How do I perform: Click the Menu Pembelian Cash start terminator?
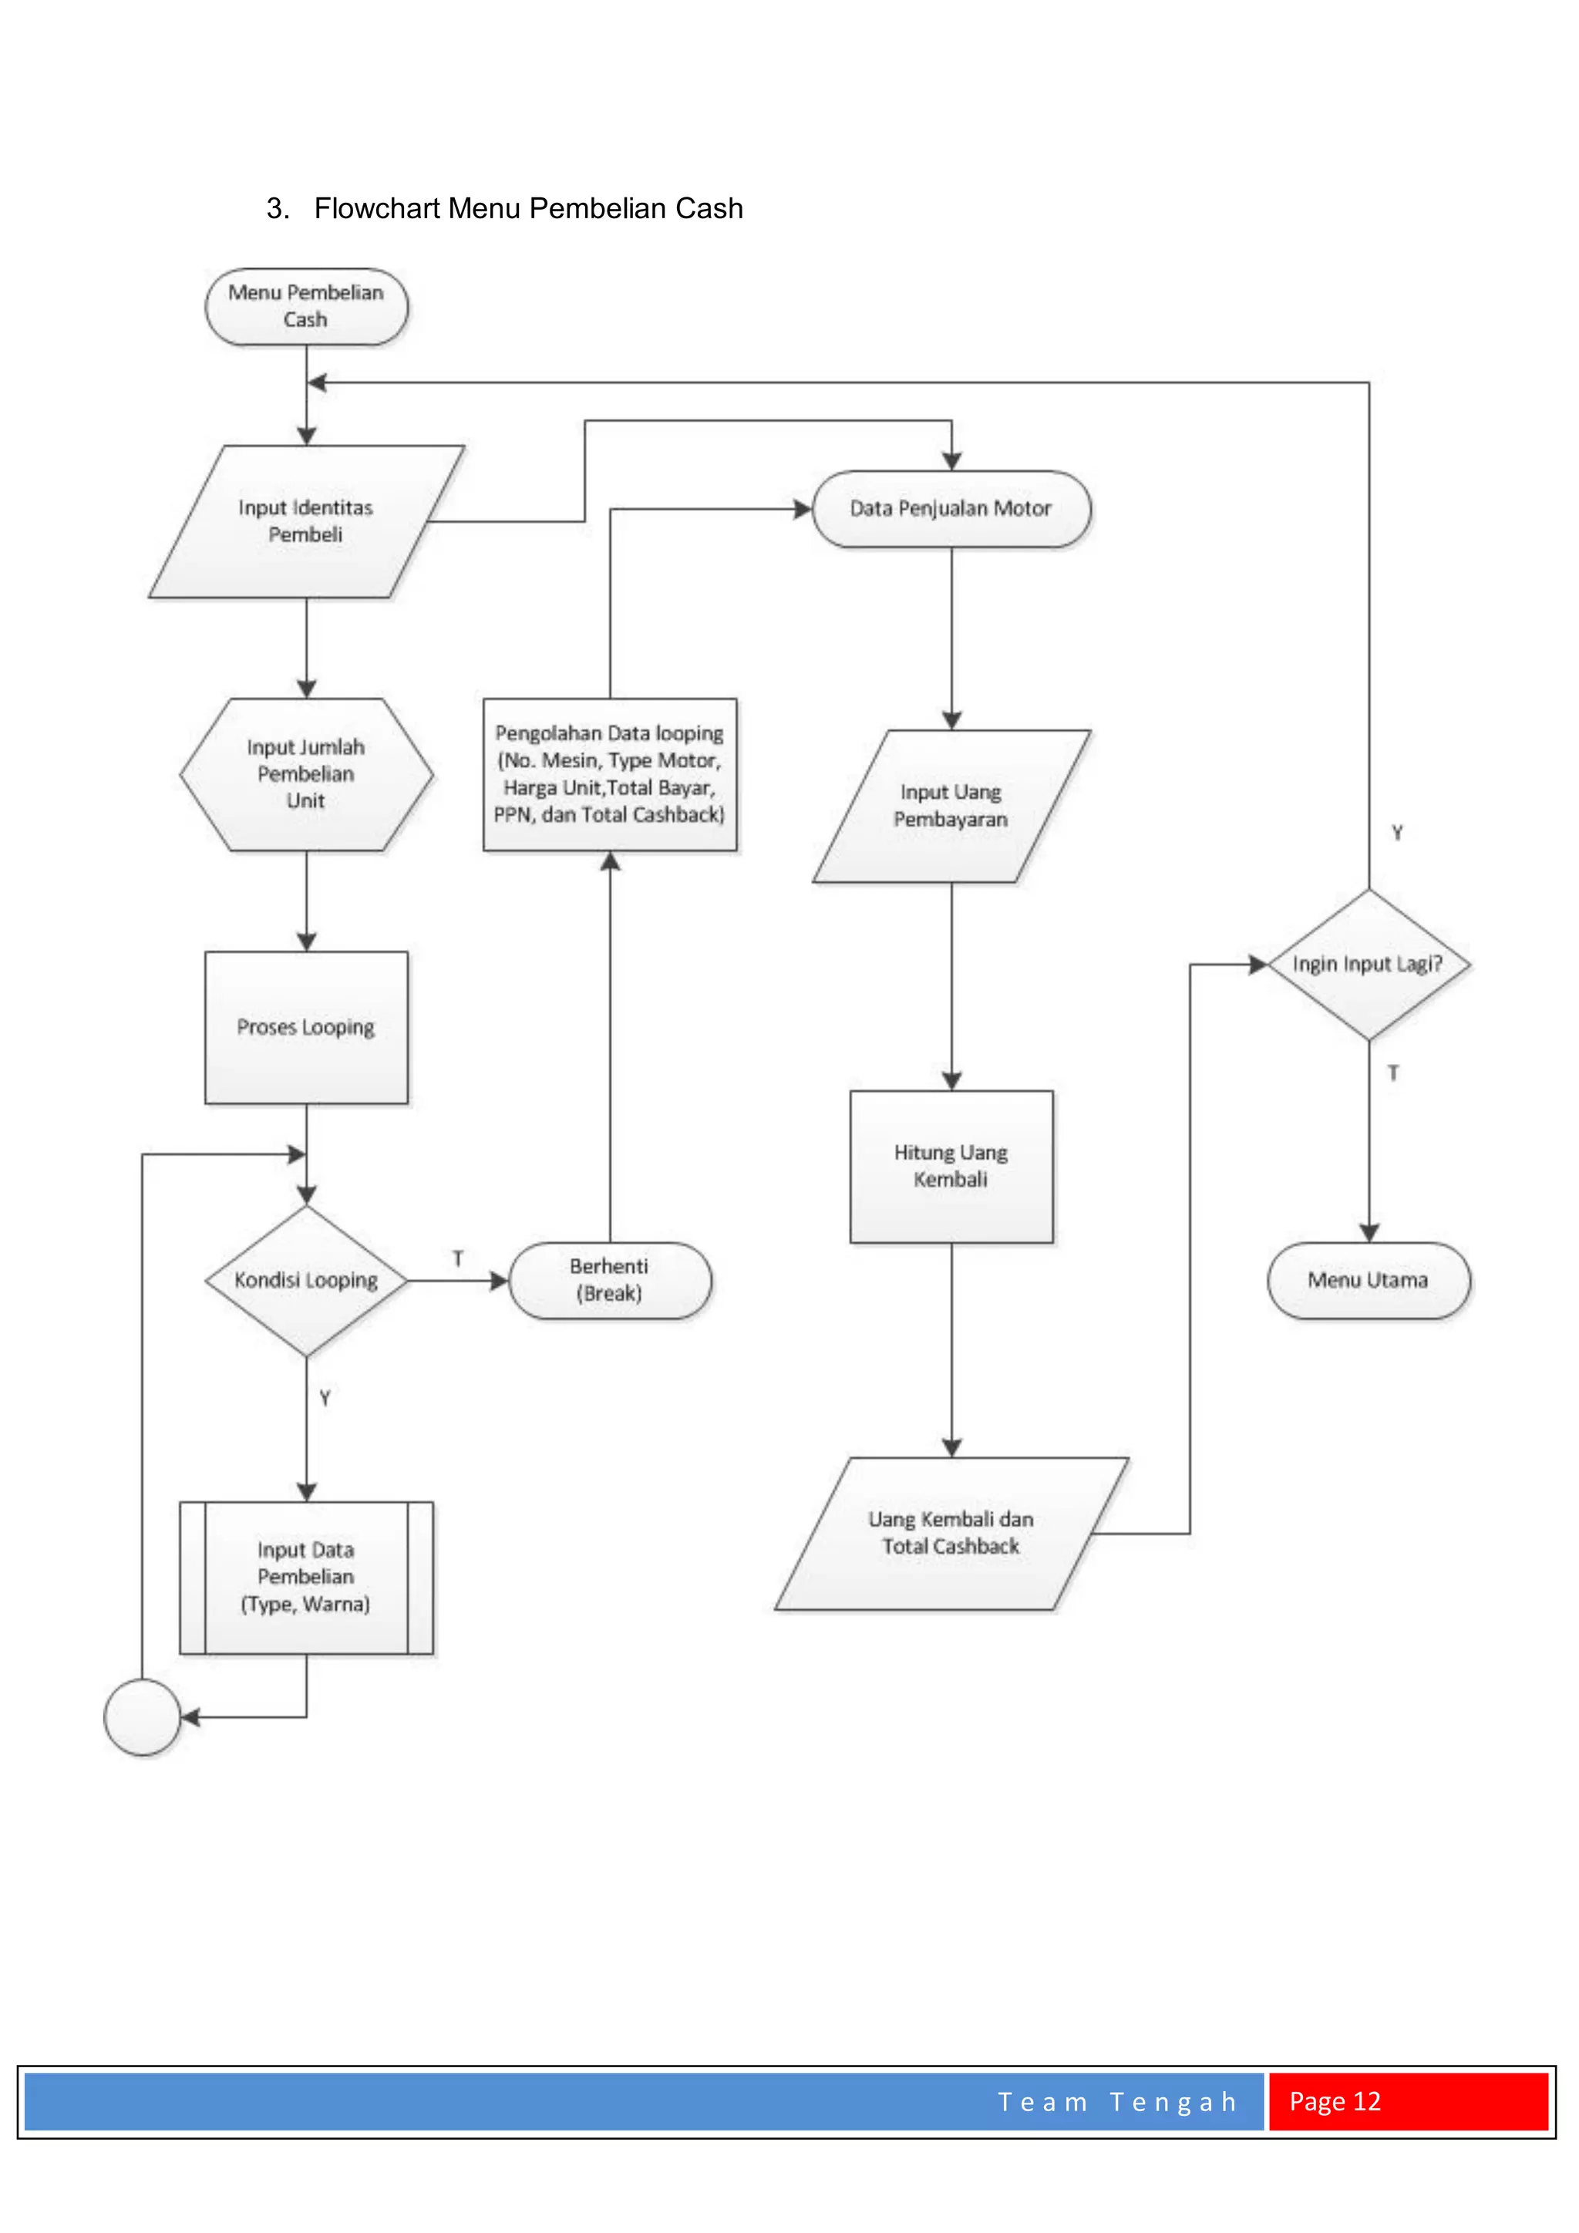coord(306,306)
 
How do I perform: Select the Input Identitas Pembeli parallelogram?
coord(306,521)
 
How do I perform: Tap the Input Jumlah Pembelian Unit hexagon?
coord(306,774)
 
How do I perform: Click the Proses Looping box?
coord(306,1027)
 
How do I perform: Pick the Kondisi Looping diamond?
coord(306,1280)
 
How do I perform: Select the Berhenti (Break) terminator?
coord(610,1280)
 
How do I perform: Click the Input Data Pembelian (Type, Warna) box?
coord(306,1577)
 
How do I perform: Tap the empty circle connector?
coord(142,1716)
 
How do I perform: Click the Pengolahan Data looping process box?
coord(610,774)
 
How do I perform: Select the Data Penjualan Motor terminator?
coord(951,509)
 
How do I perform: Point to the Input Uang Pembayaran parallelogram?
coord(951,807)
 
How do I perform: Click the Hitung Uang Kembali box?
coord(951,1166)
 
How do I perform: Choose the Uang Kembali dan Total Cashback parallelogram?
coord(951,1533)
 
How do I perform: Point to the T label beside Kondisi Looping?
coord(458,1258)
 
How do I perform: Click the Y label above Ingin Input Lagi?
coord(1397,833)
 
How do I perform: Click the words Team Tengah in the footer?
coord(1117,2102)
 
